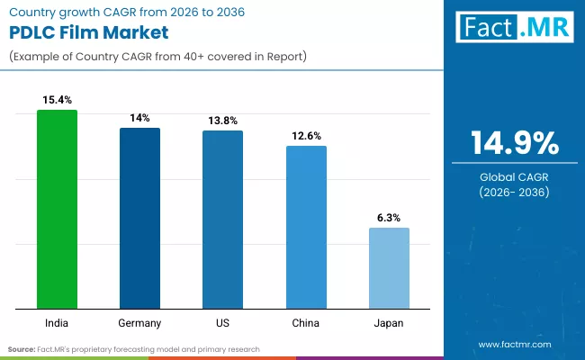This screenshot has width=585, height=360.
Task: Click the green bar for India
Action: point(57,210)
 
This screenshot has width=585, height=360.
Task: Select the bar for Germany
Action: point(139,219)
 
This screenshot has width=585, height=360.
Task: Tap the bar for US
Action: point(222,220)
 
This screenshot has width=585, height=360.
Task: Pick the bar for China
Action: point(306,227)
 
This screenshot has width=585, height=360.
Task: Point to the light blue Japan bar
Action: point(389,268)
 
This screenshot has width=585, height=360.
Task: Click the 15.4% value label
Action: point(57,97)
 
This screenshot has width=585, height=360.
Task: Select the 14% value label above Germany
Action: point(139,117)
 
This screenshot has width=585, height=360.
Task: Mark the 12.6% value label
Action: point(306,135)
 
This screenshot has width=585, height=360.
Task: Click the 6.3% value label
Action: point(389,217)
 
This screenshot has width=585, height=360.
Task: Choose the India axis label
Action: point(57,322)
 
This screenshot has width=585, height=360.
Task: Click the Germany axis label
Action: point(139,322)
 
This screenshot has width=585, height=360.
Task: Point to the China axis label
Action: point(306,322)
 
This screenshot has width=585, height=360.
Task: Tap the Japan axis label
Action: point(389,322)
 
